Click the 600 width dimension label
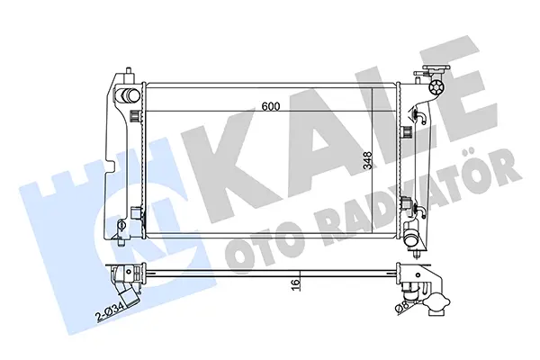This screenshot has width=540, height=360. tap(271, 106)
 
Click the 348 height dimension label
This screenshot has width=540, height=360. tap(368, 161)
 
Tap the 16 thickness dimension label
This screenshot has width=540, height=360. tap(295, 283)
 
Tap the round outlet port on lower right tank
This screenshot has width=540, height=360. tap(411, 239)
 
